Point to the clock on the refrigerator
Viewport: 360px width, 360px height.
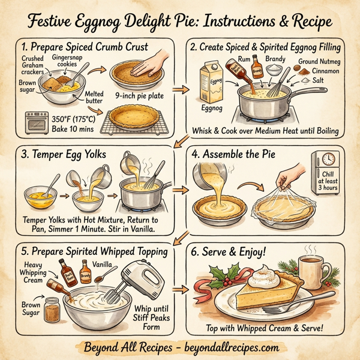(x=328, y=159)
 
